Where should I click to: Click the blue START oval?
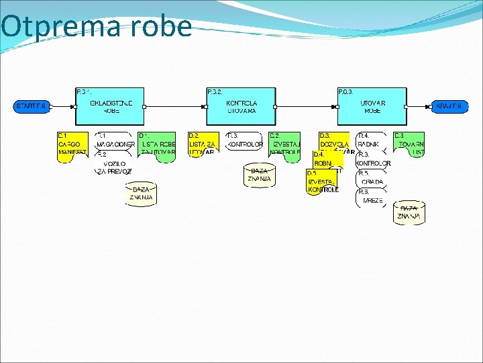click(x=32, y=106)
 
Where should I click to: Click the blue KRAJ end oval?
click(x=449, y=106)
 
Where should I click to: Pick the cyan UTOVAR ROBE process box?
click(x=372, y=106)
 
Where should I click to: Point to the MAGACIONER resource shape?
click(x=115, y=141)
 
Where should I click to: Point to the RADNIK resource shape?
click(x=370, y=140)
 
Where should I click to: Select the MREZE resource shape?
click(x=373, y=198)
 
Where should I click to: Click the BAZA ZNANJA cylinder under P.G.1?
click(x=140, y=194)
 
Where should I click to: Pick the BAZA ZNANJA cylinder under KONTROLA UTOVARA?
click(x=259, y=175)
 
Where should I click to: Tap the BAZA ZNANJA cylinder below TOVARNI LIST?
click(x=409, y=212)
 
